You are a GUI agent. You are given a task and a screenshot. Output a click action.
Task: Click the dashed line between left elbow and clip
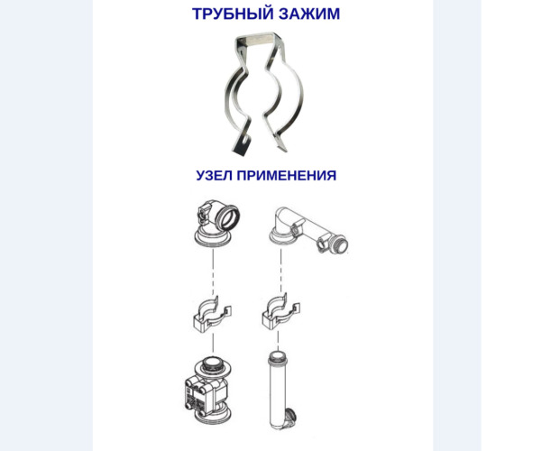point(213,270)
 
